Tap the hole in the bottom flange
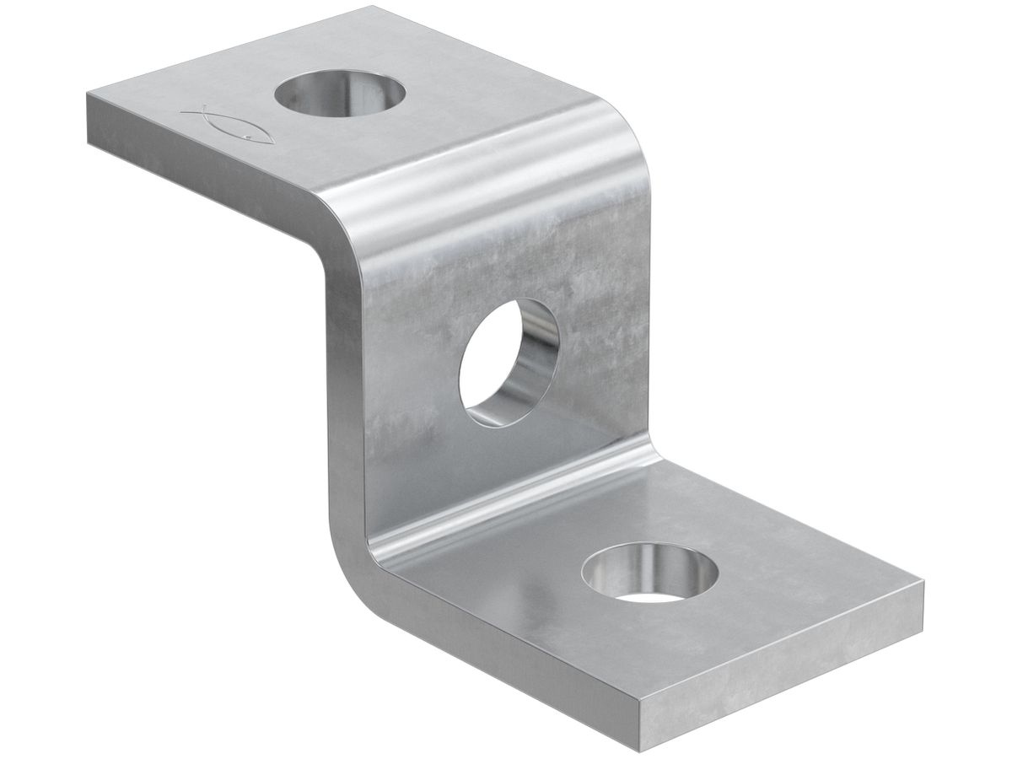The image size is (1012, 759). coord(649,573)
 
